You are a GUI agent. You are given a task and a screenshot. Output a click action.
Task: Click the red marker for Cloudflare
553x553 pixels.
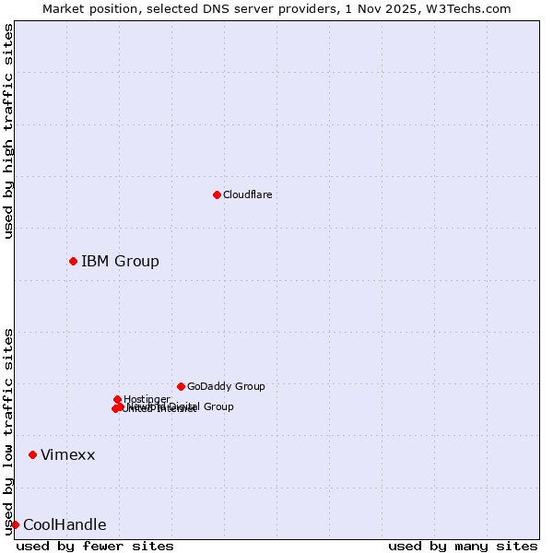217,194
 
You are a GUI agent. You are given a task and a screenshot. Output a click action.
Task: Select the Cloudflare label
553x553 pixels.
247,194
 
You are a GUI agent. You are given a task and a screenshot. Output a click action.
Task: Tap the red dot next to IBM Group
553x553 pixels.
73,261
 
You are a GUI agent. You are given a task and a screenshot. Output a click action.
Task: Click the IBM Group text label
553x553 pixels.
120,261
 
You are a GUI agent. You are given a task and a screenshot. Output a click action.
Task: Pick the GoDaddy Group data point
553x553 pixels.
181,386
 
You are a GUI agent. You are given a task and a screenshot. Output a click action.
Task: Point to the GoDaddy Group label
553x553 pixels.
226,386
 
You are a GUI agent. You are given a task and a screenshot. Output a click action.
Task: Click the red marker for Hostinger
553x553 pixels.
117,399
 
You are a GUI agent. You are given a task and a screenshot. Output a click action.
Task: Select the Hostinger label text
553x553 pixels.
147,399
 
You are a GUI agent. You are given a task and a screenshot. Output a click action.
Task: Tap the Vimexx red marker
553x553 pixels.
32,454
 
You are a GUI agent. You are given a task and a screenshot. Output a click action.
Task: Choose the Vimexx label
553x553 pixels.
67,454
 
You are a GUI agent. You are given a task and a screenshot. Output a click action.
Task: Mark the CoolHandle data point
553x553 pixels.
15,524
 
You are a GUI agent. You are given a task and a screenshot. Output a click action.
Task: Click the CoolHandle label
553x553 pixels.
65,525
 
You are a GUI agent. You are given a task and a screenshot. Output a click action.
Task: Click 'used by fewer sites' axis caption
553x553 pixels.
95,546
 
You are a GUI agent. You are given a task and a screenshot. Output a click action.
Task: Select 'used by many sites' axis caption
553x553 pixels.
463,546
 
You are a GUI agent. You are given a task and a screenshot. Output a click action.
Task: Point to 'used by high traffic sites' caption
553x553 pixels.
8,132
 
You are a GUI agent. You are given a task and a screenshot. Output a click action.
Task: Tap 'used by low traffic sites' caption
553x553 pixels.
8,431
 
